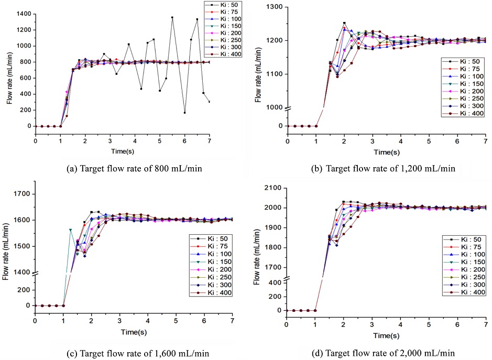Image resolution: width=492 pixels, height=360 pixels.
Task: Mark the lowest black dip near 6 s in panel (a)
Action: [x=184, y=113]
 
